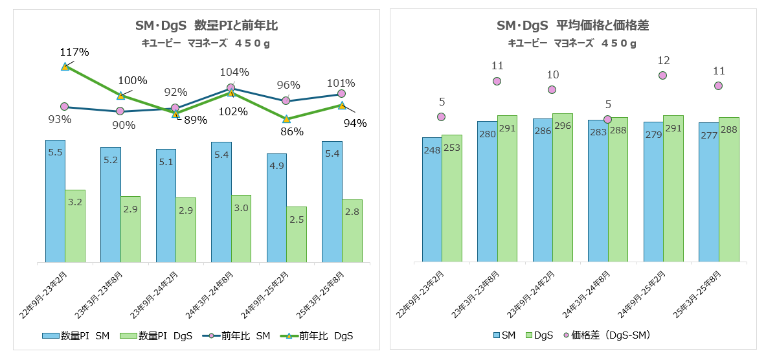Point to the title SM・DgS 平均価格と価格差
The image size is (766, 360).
(x=572, y=26)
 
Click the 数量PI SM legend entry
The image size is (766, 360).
(x=76, y=335)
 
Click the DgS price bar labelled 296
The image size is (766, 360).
(x=563, y=188)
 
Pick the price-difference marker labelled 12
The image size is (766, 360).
(x=663, y=75)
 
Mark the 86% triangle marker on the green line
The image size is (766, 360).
(x=286, y=119)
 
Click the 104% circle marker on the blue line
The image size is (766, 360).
(x=231, y=87)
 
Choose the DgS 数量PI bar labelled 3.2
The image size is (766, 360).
(x=75, y=226)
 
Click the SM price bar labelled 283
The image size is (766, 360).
(x=598, y=191)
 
